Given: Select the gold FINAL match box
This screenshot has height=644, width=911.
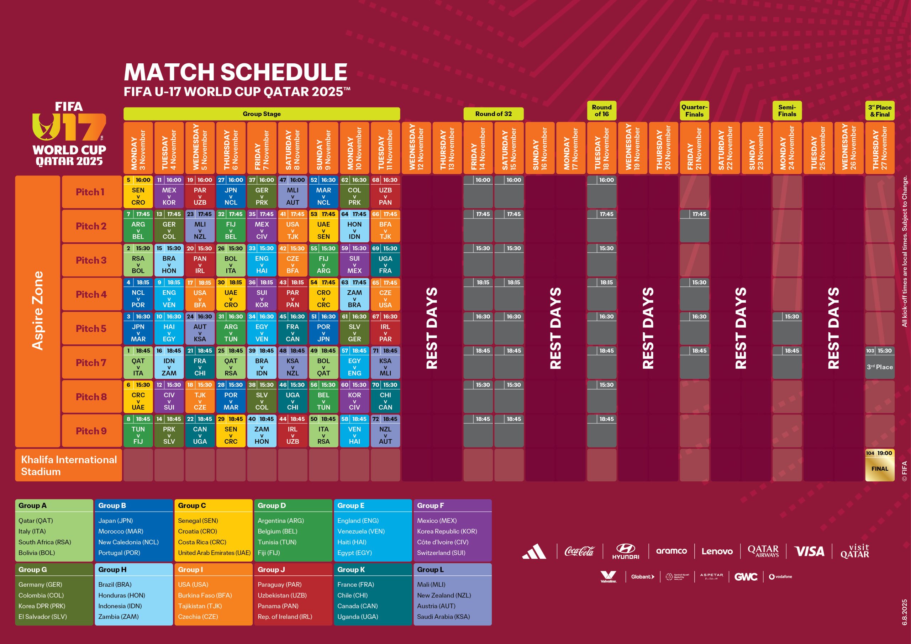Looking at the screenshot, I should (x=879, y=465).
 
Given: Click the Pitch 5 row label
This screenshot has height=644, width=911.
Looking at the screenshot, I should (x=91, y=328).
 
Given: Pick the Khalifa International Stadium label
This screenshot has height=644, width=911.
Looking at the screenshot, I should (x=69, y=465).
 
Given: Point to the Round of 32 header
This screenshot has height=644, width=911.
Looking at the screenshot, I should (x=493, y=114).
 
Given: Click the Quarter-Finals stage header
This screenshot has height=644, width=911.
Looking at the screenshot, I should (x=694, y=111).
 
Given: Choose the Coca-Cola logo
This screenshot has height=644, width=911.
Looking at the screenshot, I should (x=579, y=551).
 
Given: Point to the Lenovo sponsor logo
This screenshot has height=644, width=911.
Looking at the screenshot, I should (x=717, y=551).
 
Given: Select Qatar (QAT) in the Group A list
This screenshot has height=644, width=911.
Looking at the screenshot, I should (x=36, y=521).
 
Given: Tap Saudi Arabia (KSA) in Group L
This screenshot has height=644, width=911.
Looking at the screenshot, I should (x=443, y=617).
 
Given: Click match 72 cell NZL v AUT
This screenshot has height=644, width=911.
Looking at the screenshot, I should (x=385, y=431).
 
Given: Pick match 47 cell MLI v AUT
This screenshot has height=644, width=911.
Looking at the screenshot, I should (x=293, y=192).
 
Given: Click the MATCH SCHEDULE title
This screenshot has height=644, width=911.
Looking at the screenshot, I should (x=236, y=72).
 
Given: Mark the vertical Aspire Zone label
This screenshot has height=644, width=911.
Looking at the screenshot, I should (x=38, y=311).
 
